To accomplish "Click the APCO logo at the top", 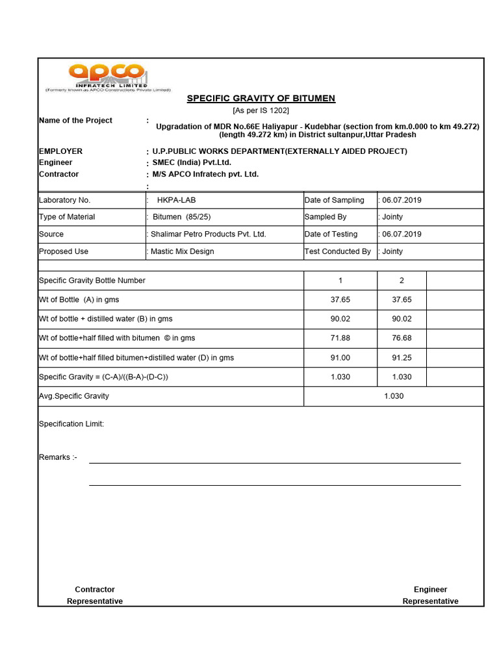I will [x=107, y=77].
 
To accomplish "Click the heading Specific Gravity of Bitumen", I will [x=261, y=99].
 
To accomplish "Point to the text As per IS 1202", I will [x=261, y=110].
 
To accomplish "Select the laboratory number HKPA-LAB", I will [x=176, y=200].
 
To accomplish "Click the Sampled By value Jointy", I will [x=392, y=217].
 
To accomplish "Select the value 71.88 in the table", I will [x=340, y=338].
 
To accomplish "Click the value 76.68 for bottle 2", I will [x=402, y=338].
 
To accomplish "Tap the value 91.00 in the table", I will [x=340, y=358].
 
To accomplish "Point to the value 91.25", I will [x=402, y=358].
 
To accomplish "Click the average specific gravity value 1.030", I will [x=394, y=396].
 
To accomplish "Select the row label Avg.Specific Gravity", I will [x=74, y=396].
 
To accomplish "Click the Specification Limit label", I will [x=71, y=424].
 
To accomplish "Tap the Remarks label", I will [x=58, y=457].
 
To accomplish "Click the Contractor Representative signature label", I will [x=95, y=596].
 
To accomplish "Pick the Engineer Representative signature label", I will [x=430, y=596].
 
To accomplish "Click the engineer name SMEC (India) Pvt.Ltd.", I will [x=192, y=162].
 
